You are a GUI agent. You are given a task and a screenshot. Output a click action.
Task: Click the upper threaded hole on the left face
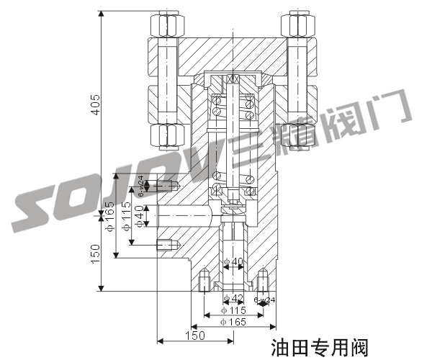click(x=166, y=187)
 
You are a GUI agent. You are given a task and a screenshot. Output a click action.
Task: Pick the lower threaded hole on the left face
click(x=166, y=243)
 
